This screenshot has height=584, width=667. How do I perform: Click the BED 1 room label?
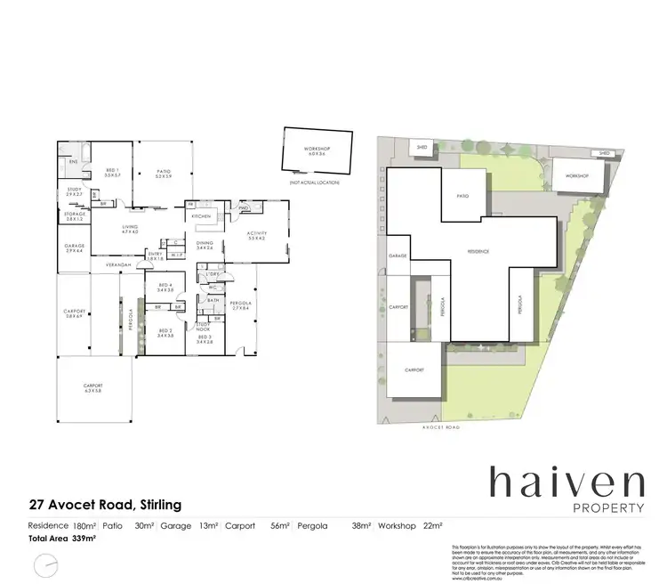pos(111,171)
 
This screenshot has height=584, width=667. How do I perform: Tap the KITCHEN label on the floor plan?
pos(200,216)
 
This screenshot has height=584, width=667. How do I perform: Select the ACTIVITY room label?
pos(257,236)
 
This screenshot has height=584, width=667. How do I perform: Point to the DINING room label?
pos(205,245)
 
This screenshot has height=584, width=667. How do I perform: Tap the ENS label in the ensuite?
pos(75,162)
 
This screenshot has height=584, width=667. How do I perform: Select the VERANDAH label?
pos(118,265)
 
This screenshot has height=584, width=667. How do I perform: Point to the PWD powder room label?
pos(243,210)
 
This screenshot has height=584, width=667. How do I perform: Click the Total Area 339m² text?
pos(62,539)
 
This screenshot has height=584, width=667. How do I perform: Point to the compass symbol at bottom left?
pos(45,564)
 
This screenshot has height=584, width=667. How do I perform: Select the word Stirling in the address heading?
pos(158,505)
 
